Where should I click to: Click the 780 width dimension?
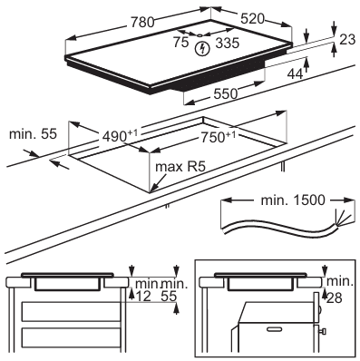[142, 22]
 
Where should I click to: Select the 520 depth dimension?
[252, 19]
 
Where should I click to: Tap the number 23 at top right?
[347, 40]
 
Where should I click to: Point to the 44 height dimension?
[295, 73]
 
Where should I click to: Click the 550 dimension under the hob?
[226, 93]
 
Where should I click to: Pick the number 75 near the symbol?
[180, 42]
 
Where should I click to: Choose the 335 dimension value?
[228, 43]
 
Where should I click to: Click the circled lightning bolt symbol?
[202, 49]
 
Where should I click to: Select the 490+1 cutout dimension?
[120, 136]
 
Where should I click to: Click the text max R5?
[180, 167]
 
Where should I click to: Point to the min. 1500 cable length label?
[293, 200]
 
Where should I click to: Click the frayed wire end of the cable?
[342, 219]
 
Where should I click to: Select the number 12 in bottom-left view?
[143, 297]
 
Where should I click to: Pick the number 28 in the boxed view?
[335, 298]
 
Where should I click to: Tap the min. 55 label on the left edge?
[33, 134]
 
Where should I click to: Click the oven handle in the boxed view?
[276, 328]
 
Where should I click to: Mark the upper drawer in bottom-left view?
[72, 312]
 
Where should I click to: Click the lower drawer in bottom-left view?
[72, 337]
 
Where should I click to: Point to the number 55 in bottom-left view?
[169, 297]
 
